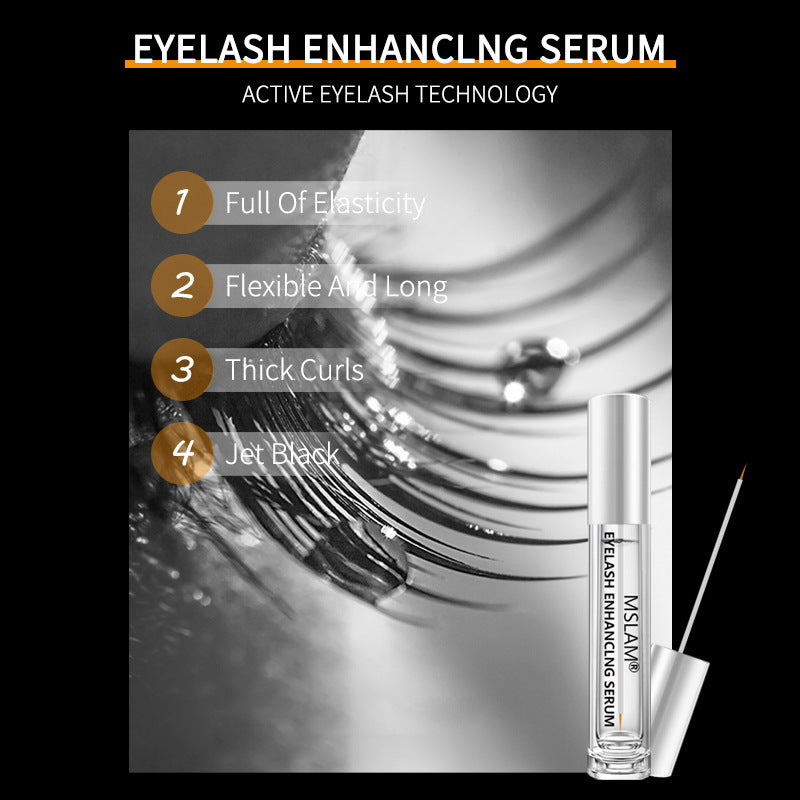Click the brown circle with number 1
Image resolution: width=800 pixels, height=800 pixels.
pos(181,203)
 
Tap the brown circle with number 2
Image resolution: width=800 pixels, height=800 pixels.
pos(181,286)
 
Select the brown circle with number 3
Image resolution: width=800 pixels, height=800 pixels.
pos(181,369)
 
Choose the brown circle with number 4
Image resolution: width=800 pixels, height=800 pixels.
pos(181,452)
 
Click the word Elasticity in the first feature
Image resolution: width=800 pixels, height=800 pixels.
pos(369,203)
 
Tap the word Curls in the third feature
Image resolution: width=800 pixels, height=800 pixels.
pos(331,370)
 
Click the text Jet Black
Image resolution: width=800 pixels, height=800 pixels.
pos(282,454)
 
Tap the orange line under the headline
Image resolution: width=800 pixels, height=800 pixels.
pos(400,65)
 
